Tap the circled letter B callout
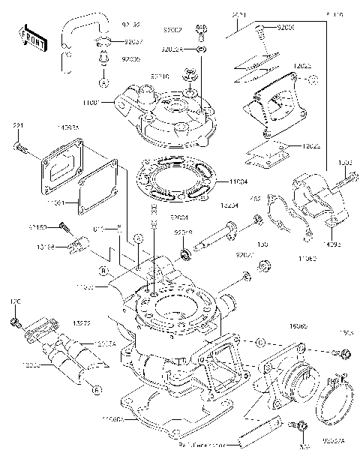(103, 271)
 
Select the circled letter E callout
(97, 388)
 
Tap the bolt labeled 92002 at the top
(200, 31)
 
